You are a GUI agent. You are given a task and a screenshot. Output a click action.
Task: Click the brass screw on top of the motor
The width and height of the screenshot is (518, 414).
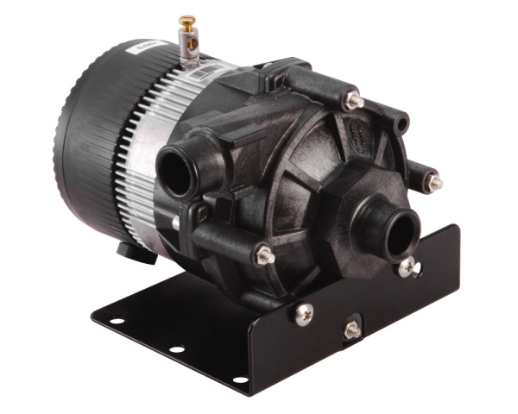(x=185, y=20)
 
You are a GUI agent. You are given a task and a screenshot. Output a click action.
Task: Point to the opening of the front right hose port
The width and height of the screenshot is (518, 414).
(x=401, y=235)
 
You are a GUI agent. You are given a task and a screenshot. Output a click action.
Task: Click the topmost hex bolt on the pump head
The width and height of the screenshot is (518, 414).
(x=352, y=100)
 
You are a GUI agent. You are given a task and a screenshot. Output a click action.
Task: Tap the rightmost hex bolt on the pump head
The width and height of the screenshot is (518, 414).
(x=435, y=182)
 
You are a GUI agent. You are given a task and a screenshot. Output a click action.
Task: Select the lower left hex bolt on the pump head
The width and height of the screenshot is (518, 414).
(x=266, y=254)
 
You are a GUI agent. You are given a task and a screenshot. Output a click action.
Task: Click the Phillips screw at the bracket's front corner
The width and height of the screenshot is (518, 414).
(x=304, y=314)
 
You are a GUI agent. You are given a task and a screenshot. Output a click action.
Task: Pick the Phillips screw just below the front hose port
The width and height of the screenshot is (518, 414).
(x=405, y=268)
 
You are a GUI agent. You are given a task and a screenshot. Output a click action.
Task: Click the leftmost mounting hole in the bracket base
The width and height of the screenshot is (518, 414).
(x=116, y=321)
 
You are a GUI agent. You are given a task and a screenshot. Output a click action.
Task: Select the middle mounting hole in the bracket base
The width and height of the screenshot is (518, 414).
(x=176, y=349)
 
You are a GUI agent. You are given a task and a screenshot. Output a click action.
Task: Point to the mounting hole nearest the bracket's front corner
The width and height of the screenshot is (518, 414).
(x=239, y=379)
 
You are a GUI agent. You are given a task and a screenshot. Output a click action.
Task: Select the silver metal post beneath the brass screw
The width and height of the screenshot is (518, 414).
(x=186, y=48)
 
